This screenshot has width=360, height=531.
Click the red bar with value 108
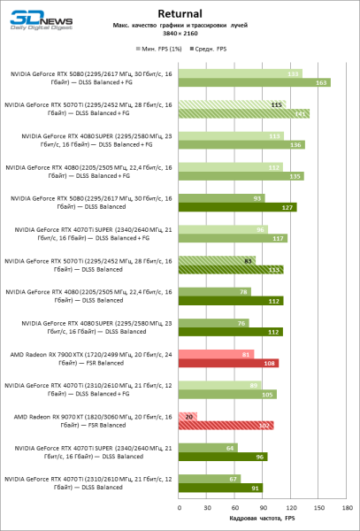[x=228, y=363]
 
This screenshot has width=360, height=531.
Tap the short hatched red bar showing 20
[x=188, y=415]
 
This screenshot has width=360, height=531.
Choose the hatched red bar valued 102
[x=226, y=426]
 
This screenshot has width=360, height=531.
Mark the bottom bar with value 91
[x=220, y=488]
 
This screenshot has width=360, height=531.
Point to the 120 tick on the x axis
[x=290, y=508]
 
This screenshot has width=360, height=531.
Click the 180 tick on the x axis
[x=346, y=508]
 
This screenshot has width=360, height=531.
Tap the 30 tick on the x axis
[x=206, y=508]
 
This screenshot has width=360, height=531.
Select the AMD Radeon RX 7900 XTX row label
[x=90, y=358]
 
